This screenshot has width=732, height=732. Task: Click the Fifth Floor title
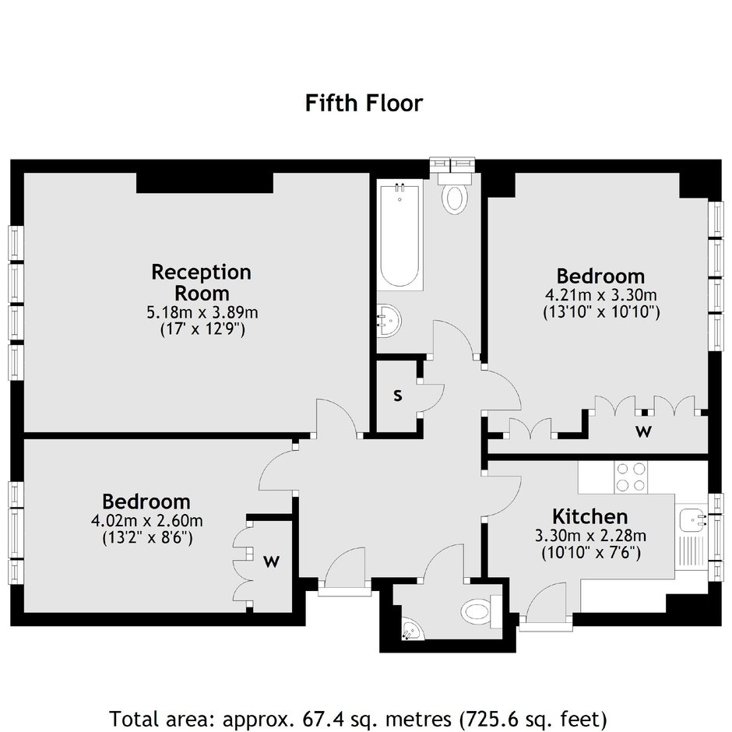364,103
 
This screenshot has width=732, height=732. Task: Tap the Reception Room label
201,283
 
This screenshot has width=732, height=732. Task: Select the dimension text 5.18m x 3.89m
202,312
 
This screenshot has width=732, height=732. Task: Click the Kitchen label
590,517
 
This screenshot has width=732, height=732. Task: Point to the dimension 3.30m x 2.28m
590,536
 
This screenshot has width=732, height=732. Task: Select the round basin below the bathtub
389,321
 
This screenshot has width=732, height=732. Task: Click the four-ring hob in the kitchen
631,477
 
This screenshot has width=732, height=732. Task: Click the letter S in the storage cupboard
397,396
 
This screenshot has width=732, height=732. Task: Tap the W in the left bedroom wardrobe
271,561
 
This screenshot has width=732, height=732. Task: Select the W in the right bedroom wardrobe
643,432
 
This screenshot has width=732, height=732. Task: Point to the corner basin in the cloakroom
412,629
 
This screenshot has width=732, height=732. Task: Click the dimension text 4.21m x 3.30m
601,295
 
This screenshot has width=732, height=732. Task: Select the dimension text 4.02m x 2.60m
147,520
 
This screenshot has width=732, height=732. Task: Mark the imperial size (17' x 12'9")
202,329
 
